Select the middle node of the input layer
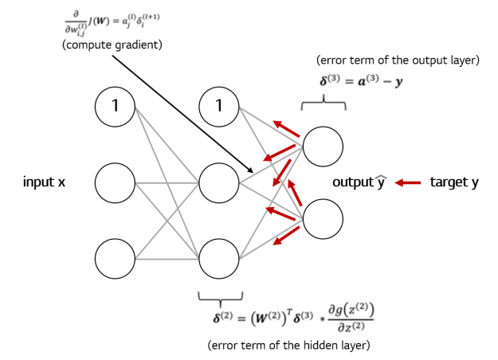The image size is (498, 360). pyautogui.click(x=115, y=183)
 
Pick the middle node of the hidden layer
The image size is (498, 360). pyautogui.click(x=219, y=183)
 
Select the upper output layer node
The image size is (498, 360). pyautogui.click(x=323, y=146)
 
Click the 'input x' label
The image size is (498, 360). pyautogui.click(x=44, y=183)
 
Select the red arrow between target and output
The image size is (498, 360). pyautogui.click(x=407, y=183)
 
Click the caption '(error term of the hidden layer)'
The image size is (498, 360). pyautogui.click(x=288, y=345)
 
